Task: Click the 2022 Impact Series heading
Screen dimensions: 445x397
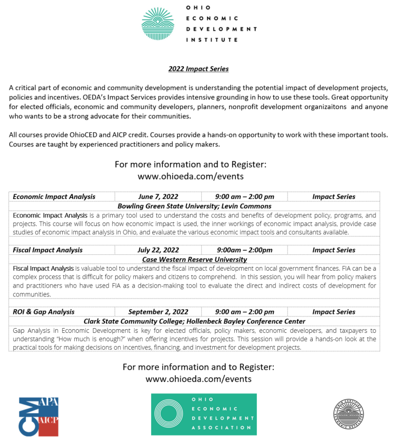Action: (198, 68)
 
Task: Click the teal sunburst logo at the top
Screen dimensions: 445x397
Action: (157, 24)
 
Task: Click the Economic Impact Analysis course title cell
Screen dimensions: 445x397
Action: (54, 196)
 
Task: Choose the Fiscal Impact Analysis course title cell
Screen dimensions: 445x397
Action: (48, 250)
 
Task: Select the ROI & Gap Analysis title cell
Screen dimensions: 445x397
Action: (44, 312)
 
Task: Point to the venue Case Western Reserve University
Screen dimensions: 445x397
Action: (195, 259)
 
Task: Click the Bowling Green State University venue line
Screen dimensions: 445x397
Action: (195, 206)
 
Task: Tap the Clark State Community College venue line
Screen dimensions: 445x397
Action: (195, 321)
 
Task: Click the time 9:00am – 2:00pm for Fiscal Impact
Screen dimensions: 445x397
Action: (244, 250)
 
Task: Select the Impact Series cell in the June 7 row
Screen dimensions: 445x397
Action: (334, 196)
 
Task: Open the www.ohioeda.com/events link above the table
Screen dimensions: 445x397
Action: (191, 176)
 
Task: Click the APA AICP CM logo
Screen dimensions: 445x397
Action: (38, 417)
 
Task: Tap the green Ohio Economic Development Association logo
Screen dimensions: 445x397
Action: (204, 414)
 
